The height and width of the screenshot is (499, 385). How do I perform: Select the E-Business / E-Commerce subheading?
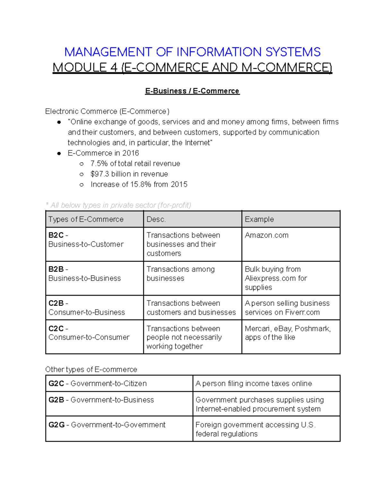(x=192, y=91)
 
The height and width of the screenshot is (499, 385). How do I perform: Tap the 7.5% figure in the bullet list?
(x=99, y=164)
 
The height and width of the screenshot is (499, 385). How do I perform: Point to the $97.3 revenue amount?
(x=100, y=174)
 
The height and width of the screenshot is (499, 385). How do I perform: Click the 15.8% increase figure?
(x=141, y=184)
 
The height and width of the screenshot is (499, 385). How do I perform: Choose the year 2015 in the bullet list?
(x=179, y=184)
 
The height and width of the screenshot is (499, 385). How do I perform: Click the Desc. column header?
(x=156, y=219)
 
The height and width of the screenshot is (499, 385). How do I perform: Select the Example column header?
(x=259, y=219)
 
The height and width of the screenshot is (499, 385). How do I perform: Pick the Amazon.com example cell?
(x=267, y=235)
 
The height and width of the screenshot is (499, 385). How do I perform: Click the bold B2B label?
(x=56, y=269)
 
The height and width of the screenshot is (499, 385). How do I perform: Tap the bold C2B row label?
(x=56, y=303)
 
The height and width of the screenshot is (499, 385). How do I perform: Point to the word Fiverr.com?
(x=302, y=312)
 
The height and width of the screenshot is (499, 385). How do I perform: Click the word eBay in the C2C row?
(x=283, y=329)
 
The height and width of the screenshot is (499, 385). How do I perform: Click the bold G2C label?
(x=56, y=384)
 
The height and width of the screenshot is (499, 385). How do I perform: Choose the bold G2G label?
(x=56, y=425)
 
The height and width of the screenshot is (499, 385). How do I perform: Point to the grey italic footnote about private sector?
(x=118, y=205)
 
